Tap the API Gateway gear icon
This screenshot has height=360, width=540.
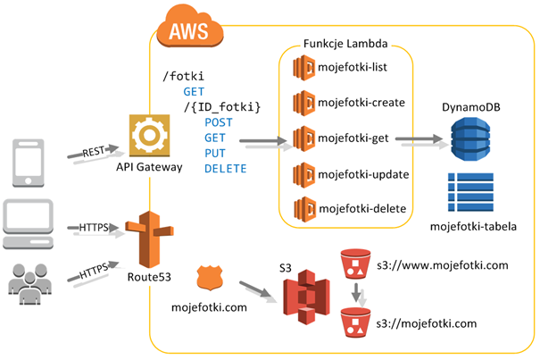coord(149,134)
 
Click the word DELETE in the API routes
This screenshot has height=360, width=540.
coord(226,169)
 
